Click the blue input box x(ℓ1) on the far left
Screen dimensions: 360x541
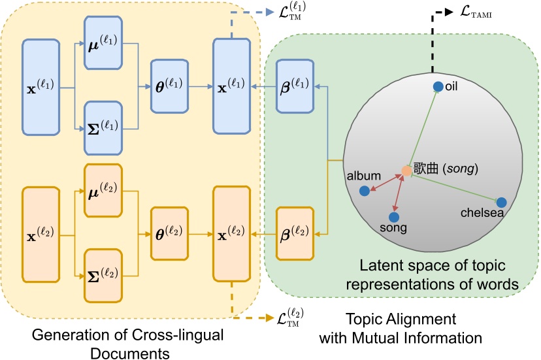click(42, 87)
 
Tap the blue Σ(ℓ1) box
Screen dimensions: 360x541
click(103, 127)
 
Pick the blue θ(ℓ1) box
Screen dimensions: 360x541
click(169, 84)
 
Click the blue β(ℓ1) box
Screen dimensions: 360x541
click(295, 86)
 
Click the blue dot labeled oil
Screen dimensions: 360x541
click(439, 86)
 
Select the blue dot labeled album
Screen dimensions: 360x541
click(365, 191)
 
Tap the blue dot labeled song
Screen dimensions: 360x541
click(394, 216)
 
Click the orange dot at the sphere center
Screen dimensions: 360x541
click(406, 171)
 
